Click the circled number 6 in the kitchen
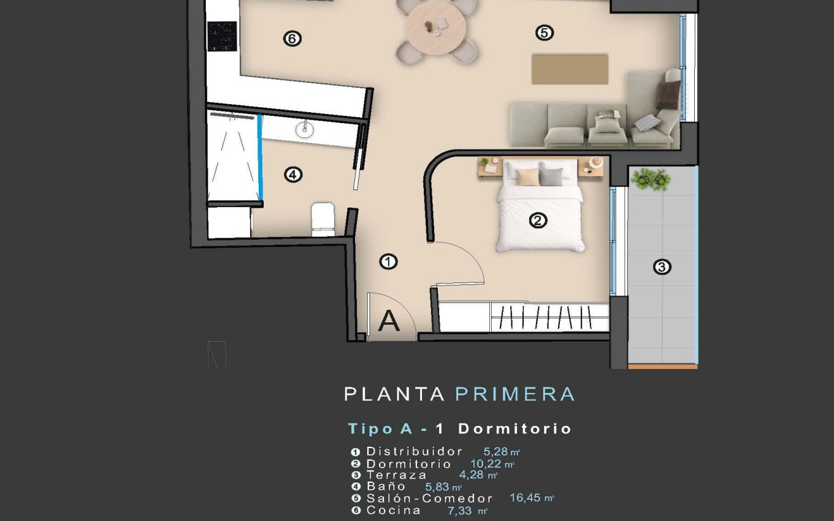[x=292, y=39]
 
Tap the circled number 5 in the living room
[x=544, y=32]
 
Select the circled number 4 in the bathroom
[x=293, y=175]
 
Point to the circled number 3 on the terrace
[x=662, y=267]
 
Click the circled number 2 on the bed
[x=538, y=220]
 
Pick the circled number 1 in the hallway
[x=389, y=262]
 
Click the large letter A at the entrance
[x=389, y=321]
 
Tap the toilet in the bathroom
[x=323, y=219]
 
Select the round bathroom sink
[x=304, y=128]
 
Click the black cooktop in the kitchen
[x=222, y=37]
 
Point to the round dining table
[x=436, y=26]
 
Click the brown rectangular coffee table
[x=570, y=69]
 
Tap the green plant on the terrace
[x=651, y=180]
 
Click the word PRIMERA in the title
[x=515, y=394]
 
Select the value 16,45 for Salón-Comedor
[x=526, y=498]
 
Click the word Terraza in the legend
[x=396, y=474]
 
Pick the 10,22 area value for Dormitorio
[x=486, y=463]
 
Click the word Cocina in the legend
[x=394, y=510]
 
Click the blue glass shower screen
[x=260, y=158]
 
